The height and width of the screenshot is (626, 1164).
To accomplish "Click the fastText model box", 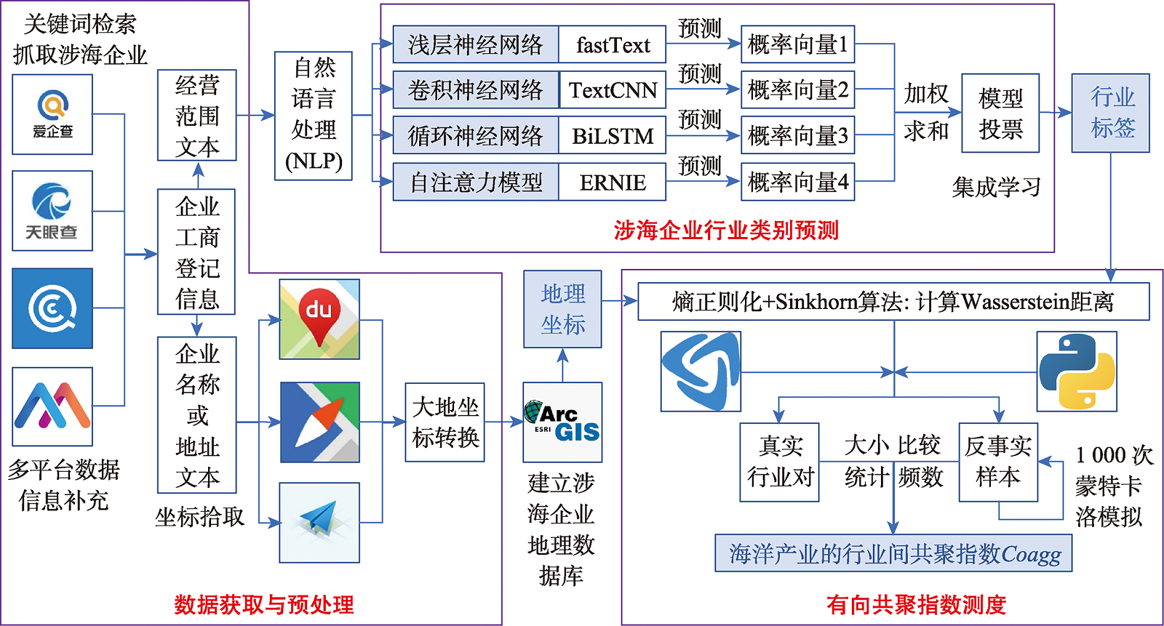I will click(x=612, y=45).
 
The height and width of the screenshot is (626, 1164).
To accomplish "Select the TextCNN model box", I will click(x=612, y=90).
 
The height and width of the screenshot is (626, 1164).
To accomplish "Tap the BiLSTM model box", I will click(x=612, y=136).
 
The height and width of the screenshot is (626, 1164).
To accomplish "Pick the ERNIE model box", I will click(x=612, y=182).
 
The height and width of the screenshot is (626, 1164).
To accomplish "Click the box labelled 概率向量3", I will click(x=797, y=136).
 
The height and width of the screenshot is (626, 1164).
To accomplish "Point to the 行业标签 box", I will click(x=1111, y=113).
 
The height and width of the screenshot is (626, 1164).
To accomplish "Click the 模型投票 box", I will click(x=1000, y=113).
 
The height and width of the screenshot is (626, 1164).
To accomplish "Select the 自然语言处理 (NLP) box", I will click(x=314, y=116).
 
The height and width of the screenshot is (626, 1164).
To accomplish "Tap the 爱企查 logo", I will click(x=52, y=114).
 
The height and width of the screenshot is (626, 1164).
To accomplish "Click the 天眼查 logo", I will click(x=52, y=211).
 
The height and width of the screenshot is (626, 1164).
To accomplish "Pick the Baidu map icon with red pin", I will click(x=319, y=319).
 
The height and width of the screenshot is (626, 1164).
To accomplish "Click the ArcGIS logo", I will click(x=562, y=422).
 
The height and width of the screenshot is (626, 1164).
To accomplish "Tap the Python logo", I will click(x=1077, y=372).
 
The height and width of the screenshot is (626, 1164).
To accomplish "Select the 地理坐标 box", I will click(x=562, y=309).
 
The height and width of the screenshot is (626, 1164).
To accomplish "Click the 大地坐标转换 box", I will click(x=445, y=422).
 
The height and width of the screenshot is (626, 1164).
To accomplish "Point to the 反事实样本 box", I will click(x=998, y=462).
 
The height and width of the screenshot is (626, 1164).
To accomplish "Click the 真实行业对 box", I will click(x=779, y=462).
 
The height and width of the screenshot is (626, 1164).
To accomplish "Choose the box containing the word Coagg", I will click(x=893, y=554).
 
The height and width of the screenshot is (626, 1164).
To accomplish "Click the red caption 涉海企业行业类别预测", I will click(x=725, y=230).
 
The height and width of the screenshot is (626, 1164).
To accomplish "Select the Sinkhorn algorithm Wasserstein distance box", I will click(x=893, y=302).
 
